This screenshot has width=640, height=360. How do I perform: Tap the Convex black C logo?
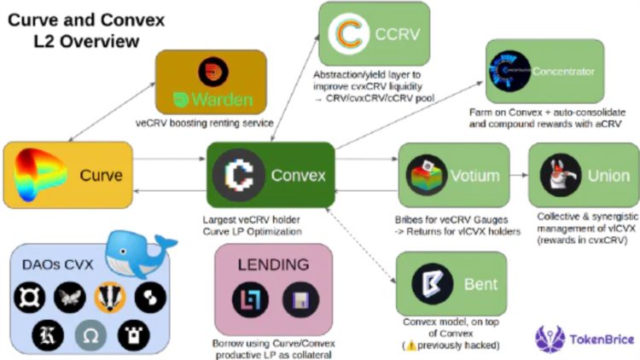click(x=238, y=176)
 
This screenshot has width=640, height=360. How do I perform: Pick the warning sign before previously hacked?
click(x=410, y=345)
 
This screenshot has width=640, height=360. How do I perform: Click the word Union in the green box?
click(x=608, y=177)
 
